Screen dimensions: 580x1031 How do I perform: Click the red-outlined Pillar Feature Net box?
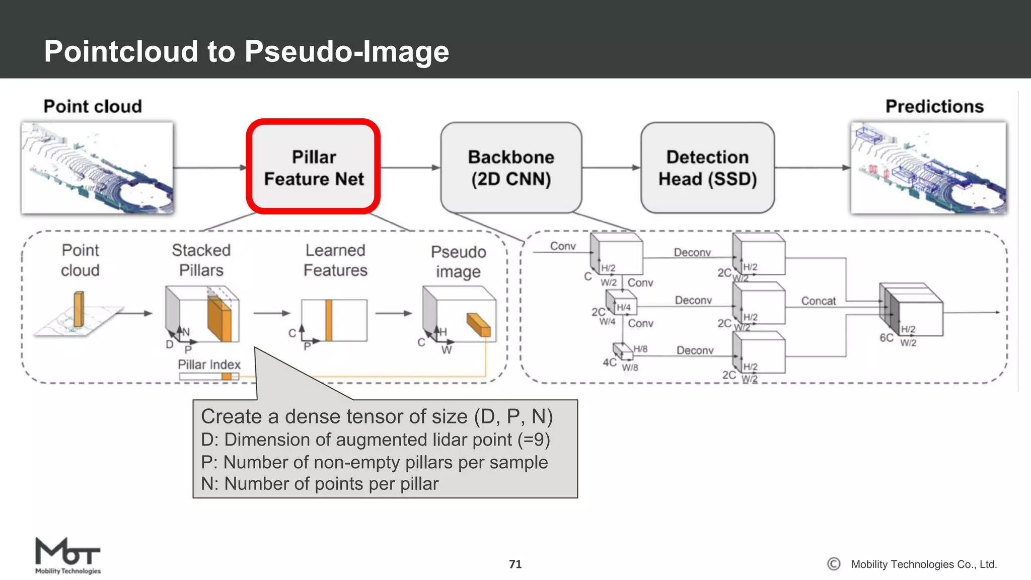(x=313, y=167)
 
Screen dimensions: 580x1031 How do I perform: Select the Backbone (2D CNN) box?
(x=511, y=168)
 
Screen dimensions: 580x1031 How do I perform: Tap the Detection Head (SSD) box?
(x=707, y=168)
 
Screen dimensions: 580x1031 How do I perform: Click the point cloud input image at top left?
(x=97, y=168)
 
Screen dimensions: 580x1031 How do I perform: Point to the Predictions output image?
(x=928, y=168)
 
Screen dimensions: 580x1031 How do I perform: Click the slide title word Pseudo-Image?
(x=347, y=51)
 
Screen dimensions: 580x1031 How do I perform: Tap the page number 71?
(x=515, y=564)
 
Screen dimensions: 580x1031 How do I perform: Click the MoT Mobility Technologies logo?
(x=67, y=555)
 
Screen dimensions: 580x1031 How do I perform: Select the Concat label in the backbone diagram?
(x=818, y=301)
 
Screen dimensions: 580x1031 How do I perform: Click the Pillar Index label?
(x=209, y=365)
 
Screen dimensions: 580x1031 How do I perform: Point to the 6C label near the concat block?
(x=887, y=338)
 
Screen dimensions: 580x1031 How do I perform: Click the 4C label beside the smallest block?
(x=609, y=362)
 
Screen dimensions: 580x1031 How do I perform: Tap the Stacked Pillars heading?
(x=201, y=260)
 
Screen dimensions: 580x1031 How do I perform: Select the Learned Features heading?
(x=335, y=260)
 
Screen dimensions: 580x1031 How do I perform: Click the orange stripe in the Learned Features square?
(x=329, y=320)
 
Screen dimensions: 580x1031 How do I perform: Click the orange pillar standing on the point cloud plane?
(x=79, y=309)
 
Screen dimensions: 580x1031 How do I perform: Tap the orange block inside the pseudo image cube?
(x=478, y=325)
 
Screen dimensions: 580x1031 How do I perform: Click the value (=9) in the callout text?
(x=534, y=440)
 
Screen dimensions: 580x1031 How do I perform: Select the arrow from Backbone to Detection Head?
(x=611, y=168)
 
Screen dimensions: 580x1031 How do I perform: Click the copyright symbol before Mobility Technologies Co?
(x=834, y=564)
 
